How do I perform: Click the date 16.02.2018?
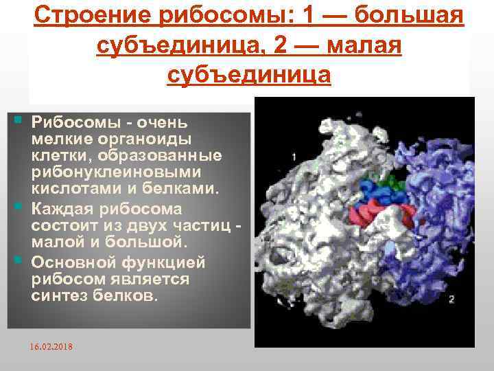click(x=51, y=346)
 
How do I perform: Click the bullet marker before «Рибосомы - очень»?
click(x=17, y=122)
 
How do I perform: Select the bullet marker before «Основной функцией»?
click(x=17, y=261)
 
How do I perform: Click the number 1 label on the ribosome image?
click(x=294, y=157)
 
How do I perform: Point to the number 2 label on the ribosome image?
click(x=451, y=299)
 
